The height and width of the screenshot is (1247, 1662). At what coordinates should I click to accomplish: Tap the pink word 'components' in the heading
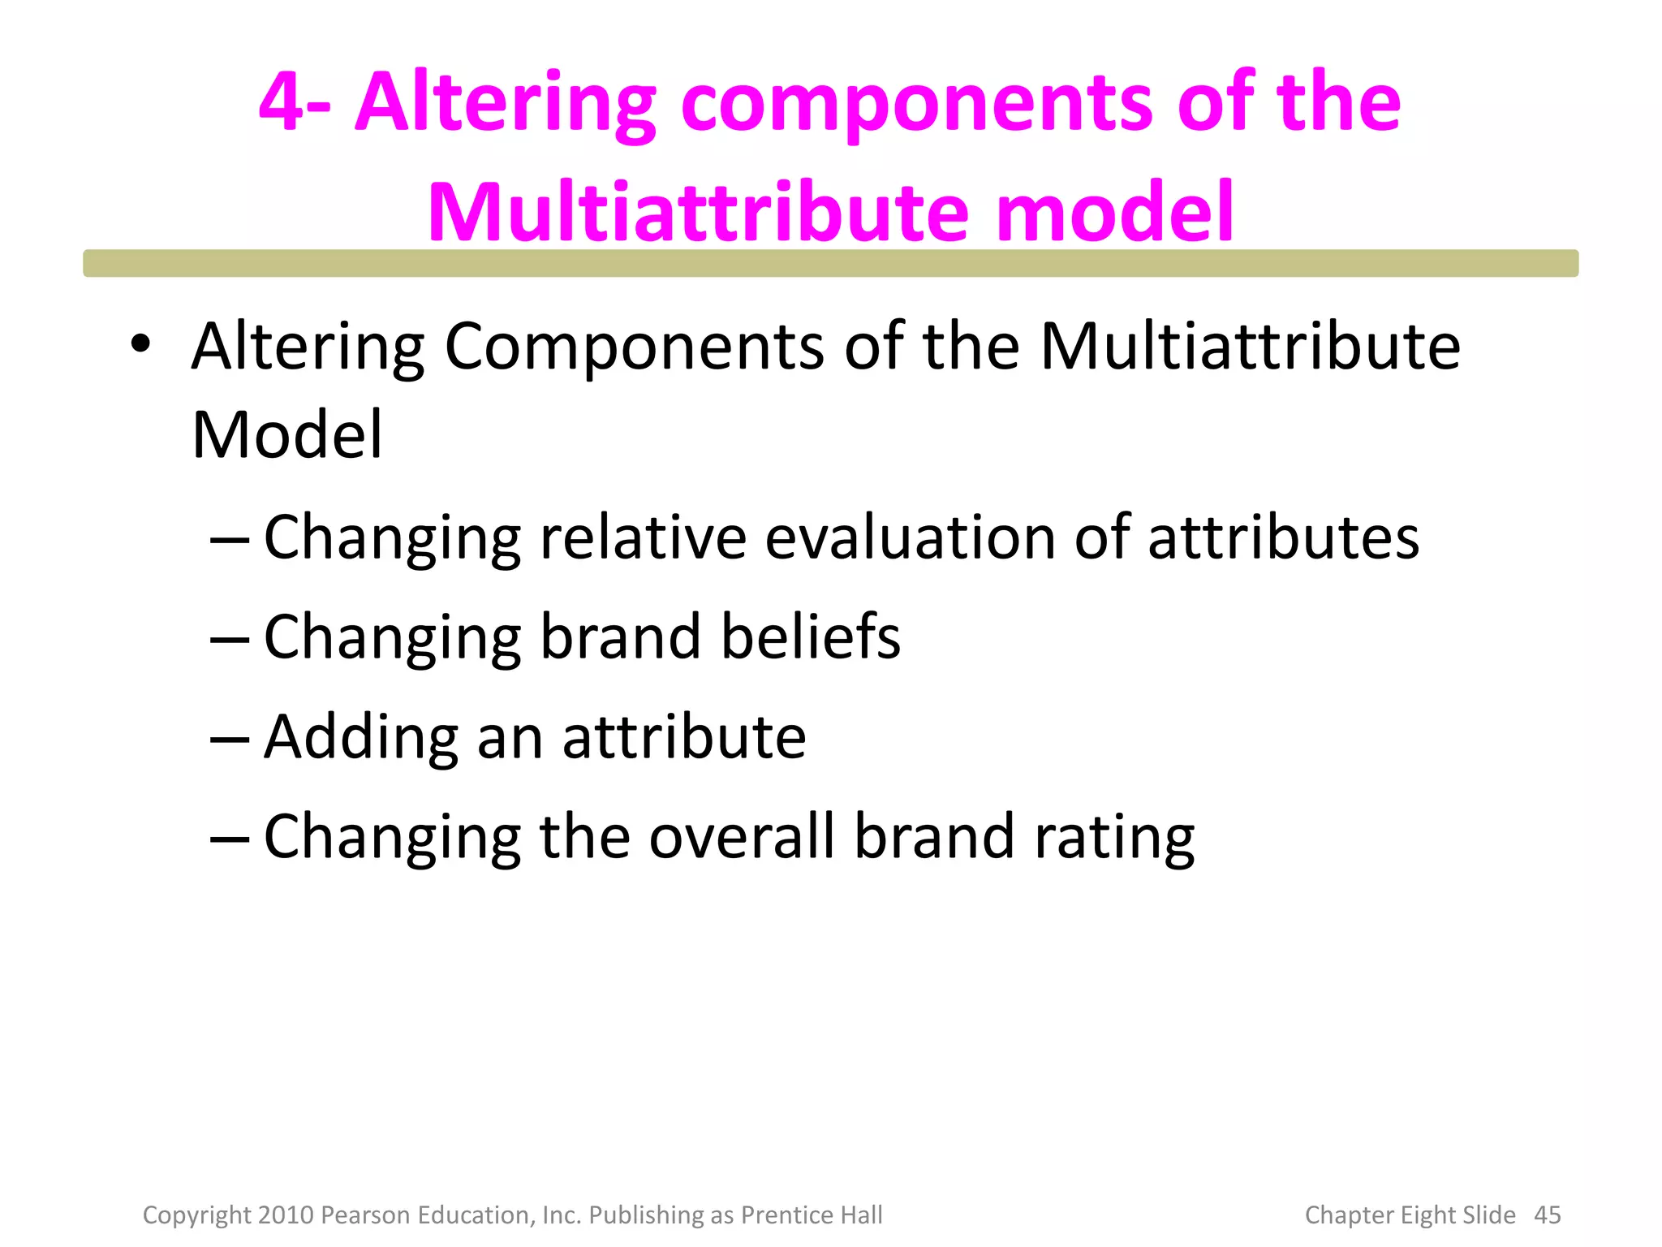916,104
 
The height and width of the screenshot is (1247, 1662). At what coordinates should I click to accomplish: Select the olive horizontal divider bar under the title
830,264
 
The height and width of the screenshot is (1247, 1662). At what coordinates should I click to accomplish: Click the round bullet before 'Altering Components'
140,343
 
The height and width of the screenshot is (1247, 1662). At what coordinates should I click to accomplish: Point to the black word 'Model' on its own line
286,435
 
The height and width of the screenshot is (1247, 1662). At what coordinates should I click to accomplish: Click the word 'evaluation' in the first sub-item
910,537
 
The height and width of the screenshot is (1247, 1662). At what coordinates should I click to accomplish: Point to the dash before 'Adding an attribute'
229,740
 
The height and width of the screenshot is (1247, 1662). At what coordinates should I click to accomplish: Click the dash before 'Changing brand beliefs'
229,640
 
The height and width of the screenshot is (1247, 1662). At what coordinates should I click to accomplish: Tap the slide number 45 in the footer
1547,1215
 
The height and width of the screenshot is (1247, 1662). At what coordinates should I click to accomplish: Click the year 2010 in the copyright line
286,1215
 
